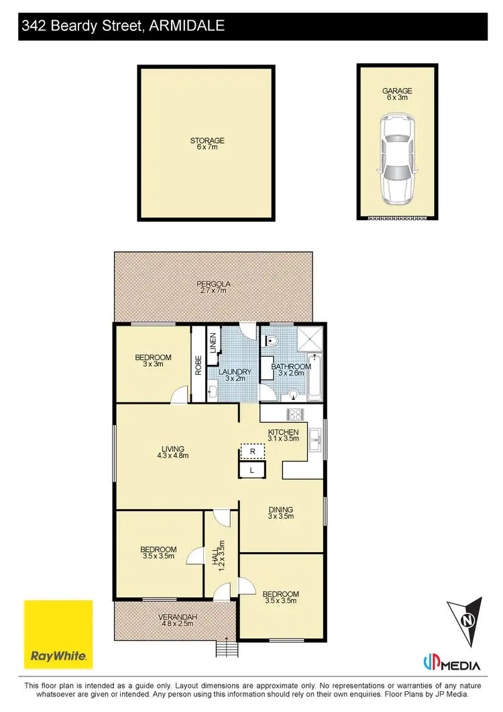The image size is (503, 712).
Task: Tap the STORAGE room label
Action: click(x=207, y=144)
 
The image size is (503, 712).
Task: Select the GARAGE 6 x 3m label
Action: click(x=396, y=94)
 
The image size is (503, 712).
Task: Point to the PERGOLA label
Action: click(x=213, y=287)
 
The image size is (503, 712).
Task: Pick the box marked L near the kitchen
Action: click(x=251, y=470)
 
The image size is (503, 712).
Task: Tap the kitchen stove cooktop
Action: click(x=295, y=414)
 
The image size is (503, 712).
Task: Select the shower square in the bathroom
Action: click(x=309, y=341)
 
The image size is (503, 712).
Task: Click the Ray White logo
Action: click(x=58, y=634)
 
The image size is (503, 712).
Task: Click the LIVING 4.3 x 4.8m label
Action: click(x=172, y=452)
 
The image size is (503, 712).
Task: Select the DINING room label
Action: click(x=281, y=513)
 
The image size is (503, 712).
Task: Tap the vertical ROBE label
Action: click(x=199, y=365)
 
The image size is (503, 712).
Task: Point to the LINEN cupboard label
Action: click(x=213, y=343)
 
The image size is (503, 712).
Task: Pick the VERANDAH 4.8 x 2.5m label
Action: click(x=176, y=620)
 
